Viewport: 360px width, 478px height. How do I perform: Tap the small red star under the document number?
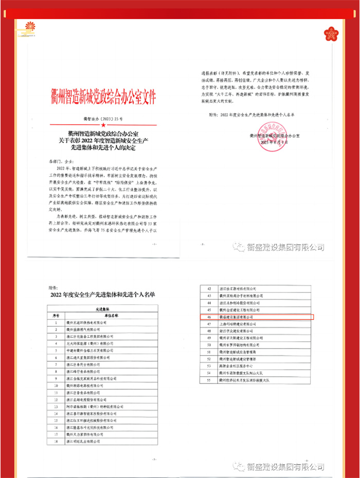click(103, 125)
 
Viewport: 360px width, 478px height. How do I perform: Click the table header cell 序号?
click(57, 315)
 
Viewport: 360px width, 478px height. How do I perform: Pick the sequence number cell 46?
click(209, 318)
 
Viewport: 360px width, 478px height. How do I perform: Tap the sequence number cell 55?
click(209, 381)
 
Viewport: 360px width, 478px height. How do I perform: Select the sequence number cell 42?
click(209, 289)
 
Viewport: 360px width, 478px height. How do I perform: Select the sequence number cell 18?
click(57, 440)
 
